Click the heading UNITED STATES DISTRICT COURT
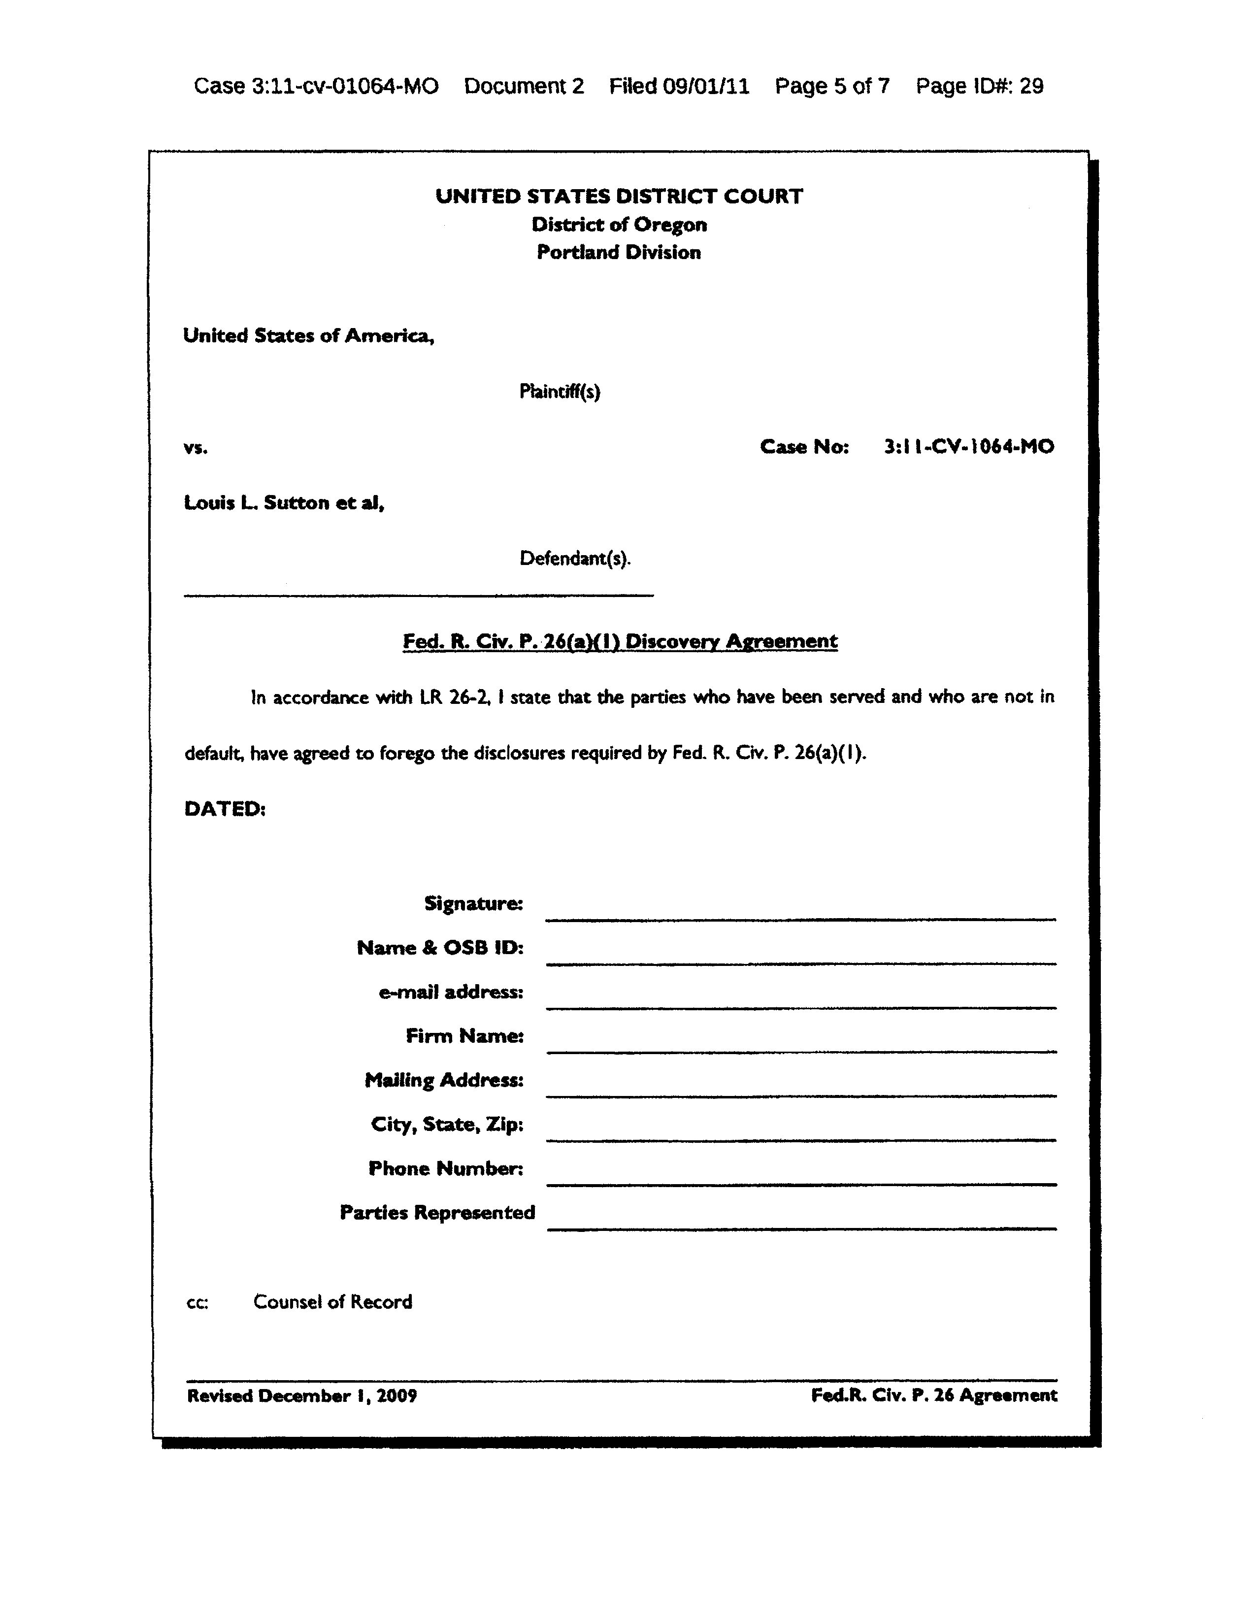(619, 197)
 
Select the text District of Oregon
(619, 225)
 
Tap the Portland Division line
(619, 253)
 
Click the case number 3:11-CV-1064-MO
(968, 447)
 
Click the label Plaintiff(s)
(559, 391)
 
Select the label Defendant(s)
(575, 559)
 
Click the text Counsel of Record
(332, 1302)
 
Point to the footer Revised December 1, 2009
(302, 1396)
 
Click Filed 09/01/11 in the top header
(679, 86)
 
